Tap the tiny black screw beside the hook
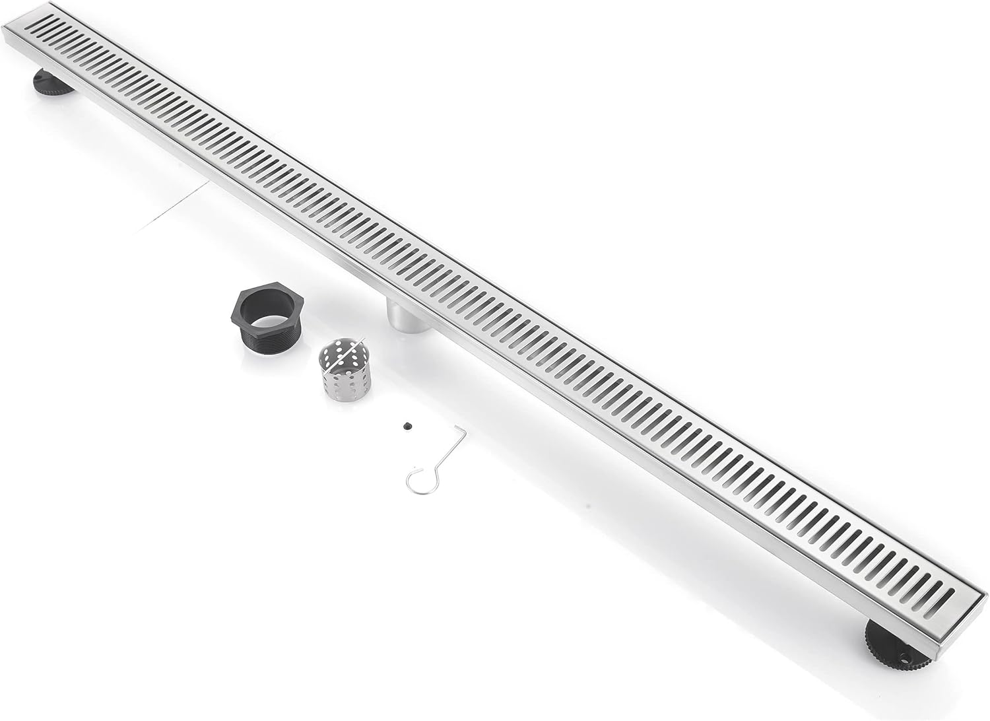point(405,427)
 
